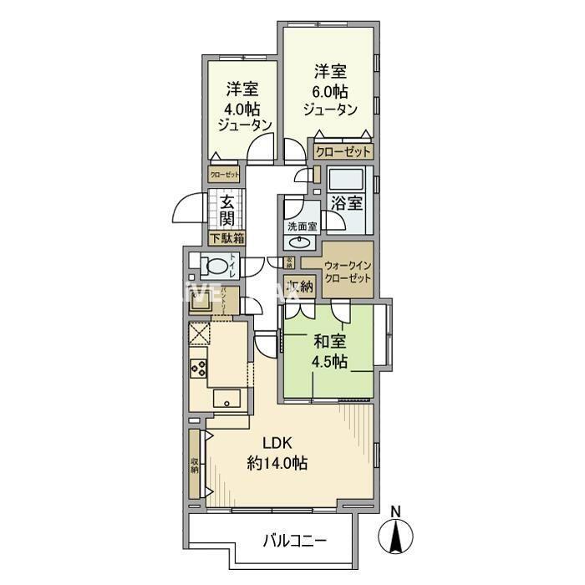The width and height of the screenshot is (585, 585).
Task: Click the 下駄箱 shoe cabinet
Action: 226,239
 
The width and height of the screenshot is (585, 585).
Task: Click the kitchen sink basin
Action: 226,399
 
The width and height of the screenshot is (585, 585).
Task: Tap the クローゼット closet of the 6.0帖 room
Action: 343,152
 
